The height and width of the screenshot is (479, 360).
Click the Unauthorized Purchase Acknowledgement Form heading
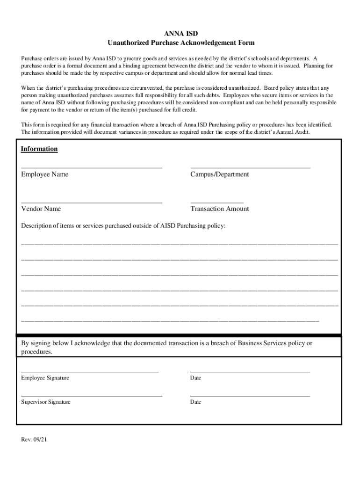coord(181,43)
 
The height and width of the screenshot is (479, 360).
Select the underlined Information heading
coord(39,149)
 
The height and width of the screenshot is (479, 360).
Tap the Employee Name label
coord(44,174)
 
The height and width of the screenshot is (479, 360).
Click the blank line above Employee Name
coord(92,167)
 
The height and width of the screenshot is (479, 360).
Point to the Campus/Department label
coord(219,174)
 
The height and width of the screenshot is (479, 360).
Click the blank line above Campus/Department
coord(250,167)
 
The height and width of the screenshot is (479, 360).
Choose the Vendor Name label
coord(41,209)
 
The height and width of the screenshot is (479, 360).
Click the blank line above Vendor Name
coord(92,202)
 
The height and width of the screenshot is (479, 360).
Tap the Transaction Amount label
coord(219,209)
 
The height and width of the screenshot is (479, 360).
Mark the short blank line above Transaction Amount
coord(216,202)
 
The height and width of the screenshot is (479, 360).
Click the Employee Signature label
coord(45,378)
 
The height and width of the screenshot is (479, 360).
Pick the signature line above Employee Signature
coord(90,371)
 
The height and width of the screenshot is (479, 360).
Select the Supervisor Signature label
coord(46,402)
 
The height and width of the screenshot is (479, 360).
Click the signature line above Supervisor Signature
coord(92,396)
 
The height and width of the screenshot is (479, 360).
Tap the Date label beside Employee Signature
coord(195,378)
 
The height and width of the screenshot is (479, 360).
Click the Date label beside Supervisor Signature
coord(195,402)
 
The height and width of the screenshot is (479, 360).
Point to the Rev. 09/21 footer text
coord(34,440)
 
